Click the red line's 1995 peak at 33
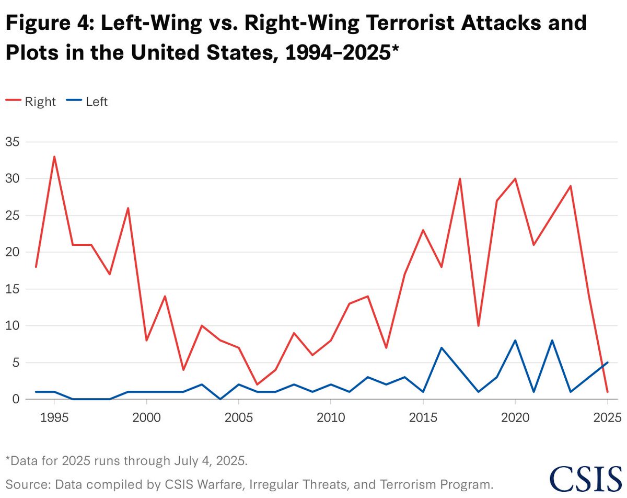click(x=54, y=156)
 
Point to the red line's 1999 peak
click(x=128, y=208)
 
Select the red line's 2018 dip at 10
click(x=478, y=326)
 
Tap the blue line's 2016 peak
click(x=442, y=348)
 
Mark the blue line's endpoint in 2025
click(x=607, y=363)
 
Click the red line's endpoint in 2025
click(x=607, y=392)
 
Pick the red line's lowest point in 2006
click(x=257, y=384)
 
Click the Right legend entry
click(x=31, y=101)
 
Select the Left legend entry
click(x=87, y=101)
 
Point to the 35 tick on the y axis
click(x=12, y=142)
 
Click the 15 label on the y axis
click(x=12, y=289)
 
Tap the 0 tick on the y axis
click(x=16, y=399)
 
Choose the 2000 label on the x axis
click(x=146, y=418)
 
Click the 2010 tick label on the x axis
click(x=331, y=418)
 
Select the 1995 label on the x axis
click(x=54, y=418)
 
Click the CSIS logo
click(x=586, y=479)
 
